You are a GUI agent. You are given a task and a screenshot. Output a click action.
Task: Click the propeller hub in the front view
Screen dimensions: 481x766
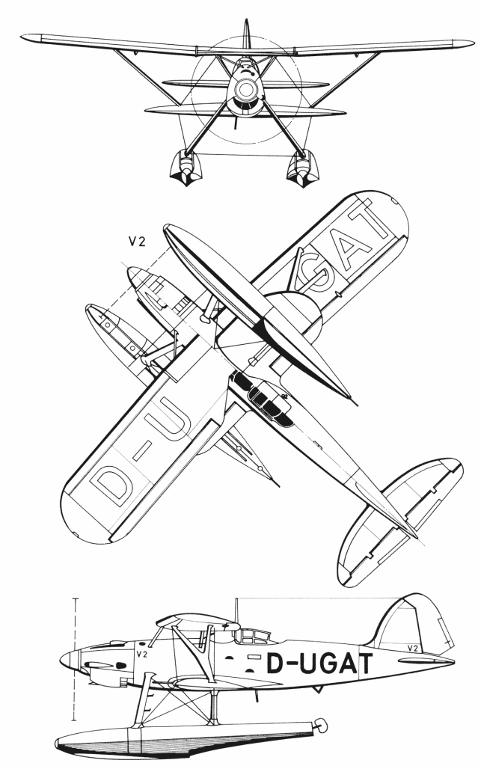(244, 89)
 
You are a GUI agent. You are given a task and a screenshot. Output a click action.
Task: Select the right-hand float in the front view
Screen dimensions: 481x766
(302, 169)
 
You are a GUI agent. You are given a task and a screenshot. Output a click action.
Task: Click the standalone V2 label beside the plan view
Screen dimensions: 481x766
(137, 242)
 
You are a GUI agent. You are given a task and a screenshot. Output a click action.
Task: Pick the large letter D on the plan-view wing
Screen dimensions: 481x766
(111, 484)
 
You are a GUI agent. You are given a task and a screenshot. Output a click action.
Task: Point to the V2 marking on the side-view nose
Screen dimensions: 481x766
(141, 654)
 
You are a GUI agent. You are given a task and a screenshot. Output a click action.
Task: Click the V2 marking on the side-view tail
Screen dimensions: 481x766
(412, 649)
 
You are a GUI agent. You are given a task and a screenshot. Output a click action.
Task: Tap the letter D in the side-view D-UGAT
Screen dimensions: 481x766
(275, 664)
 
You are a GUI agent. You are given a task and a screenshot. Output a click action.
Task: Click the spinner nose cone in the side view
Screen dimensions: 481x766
(68, 660)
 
